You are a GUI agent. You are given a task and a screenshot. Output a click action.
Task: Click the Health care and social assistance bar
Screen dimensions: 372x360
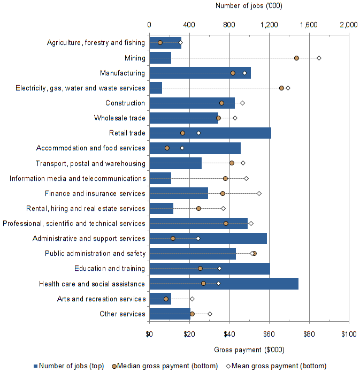(224, 284)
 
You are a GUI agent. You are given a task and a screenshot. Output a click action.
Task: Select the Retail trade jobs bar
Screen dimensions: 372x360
(210, 133)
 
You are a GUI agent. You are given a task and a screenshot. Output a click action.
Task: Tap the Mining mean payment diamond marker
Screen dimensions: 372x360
(319, 58)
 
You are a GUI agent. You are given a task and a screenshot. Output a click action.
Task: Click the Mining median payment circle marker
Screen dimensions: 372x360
(296, 58)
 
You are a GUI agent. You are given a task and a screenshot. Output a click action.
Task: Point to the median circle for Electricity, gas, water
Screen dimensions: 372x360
(281, 88)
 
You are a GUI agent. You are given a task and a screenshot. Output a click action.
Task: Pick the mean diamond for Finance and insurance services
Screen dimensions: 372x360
(259, 193)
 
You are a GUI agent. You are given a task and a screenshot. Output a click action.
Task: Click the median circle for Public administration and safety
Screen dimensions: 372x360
(254, 253)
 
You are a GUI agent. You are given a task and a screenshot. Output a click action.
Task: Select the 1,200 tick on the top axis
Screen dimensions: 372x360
(269, 25)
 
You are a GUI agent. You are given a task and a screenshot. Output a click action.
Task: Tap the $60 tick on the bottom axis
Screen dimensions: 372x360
(269, 335)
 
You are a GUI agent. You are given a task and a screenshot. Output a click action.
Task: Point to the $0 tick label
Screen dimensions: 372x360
(149, 335)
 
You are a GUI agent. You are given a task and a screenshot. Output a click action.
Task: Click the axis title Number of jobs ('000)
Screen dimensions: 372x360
(249, 6)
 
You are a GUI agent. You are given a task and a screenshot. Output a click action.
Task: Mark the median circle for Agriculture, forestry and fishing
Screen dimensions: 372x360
(160, 42)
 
